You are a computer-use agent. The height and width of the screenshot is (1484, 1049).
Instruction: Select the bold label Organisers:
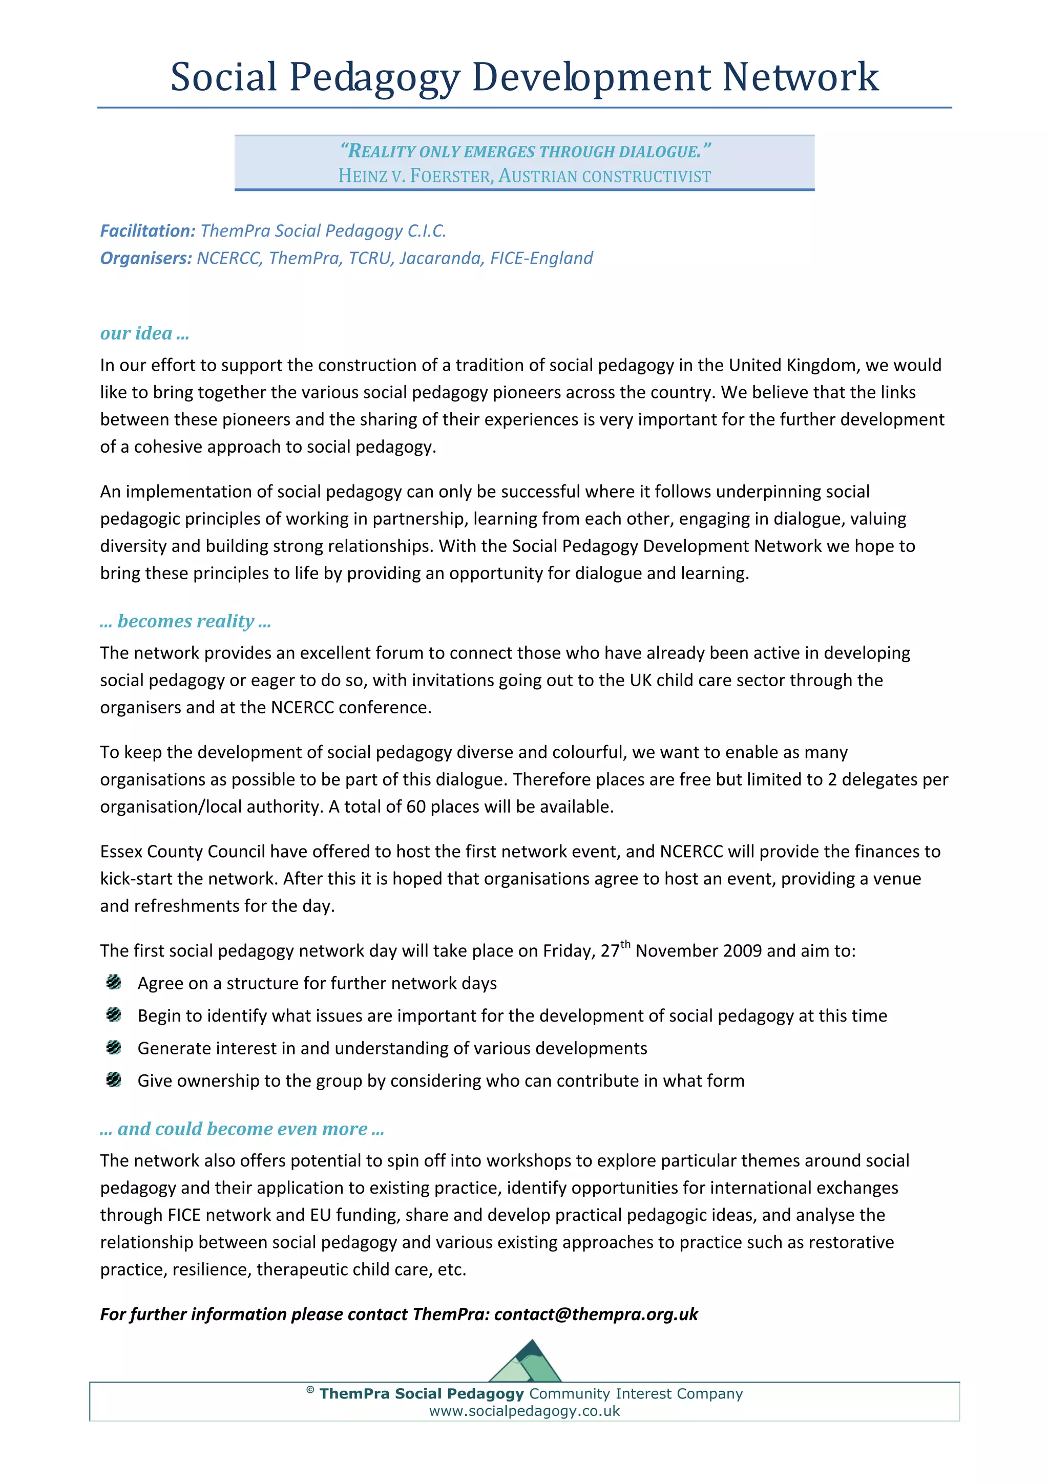click(x=146, y=258)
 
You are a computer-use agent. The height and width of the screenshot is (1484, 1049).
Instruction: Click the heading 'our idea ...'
click(x=144, y=333)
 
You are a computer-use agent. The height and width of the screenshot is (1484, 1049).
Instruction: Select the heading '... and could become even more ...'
click(x=242, y=1129)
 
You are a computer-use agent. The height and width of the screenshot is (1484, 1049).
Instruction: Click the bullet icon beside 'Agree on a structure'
click(x=114, y=983)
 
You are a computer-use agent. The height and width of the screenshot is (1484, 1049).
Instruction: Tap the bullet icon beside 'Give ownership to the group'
click(x=114, y=1079)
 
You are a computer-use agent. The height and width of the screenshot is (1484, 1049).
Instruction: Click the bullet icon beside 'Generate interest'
click(x=114, y=1047)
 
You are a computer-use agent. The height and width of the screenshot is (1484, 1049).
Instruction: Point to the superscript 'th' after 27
click(x=625, y=944)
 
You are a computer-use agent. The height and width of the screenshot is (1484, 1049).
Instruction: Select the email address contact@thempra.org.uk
click(x=596, y=1314)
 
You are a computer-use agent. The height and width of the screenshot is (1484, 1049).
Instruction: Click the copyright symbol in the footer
click(x=310, y=1390)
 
